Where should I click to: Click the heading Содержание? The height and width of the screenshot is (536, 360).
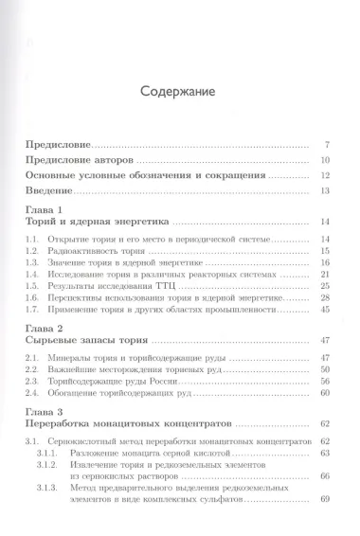(x=179, y=93)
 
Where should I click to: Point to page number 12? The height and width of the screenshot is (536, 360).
(x=323, y=175)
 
